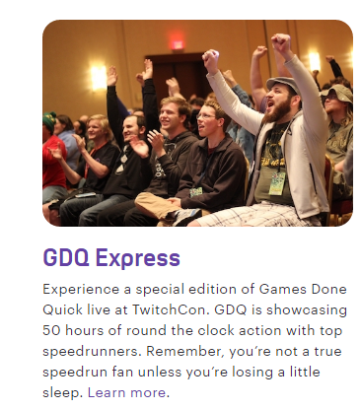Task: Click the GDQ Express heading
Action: point(111,258)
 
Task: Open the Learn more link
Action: point(126,392)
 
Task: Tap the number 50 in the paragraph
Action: point(51,330)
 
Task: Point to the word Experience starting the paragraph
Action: point(81,290)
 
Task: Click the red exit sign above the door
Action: point(178,45)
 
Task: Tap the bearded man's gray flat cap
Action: point(282,83)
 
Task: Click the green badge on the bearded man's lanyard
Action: point(278,183)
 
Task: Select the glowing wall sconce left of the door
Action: point(99,78)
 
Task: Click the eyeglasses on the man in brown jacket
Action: point(206,116)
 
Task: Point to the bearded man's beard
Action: point(280,111)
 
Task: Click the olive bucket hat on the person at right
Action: point(336,92)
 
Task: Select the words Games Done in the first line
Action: point(303,289)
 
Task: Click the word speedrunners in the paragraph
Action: point(91,352)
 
